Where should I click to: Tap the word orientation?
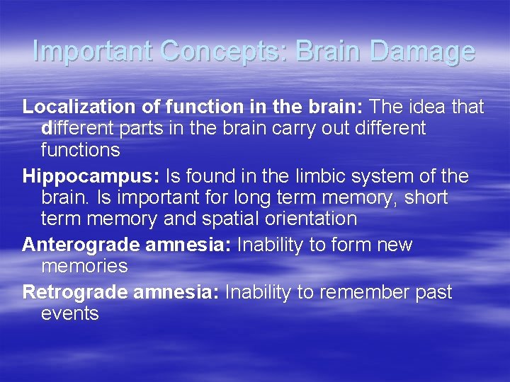click(x=309, y=219)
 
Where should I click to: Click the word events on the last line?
click(x=70, y=313)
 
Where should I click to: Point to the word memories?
click(x=84, y=267)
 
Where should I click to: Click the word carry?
click(x=290, y=129)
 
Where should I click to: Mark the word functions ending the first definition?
click(x=80, y=151)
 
